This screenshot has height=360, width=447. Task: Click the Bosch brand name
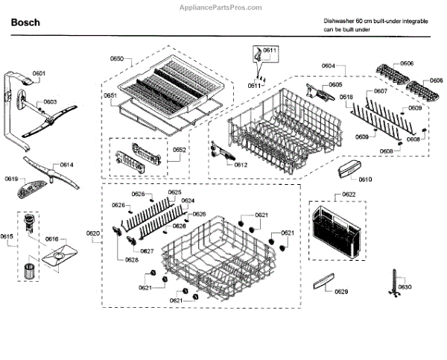[x=26, y=23]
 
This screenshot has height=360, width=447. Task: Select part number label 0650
[x=117, y=58]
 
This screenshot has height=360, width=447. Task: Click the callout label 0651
[x=110, y=96]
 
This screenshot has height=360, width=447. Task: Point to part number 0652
[x=180, y=150]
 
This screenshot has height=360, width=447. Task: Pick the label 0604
[x=329, y=67]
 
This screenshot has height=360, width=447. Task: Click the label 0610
[x=365, y=179]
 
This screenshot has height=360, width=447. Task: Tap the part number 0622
[x=349, y=195]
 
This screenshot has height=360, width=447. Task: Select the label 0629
[x=341, y=291]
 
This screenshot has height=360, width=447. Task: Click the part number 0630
[x=403, y=287]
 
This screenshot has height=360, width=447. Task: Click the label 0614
[x=67, y=164]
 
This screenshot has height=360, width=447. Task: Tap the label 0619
[x=10, y=179]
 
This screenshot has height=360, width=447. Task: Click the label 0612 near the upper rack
[x=241, y=165]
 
